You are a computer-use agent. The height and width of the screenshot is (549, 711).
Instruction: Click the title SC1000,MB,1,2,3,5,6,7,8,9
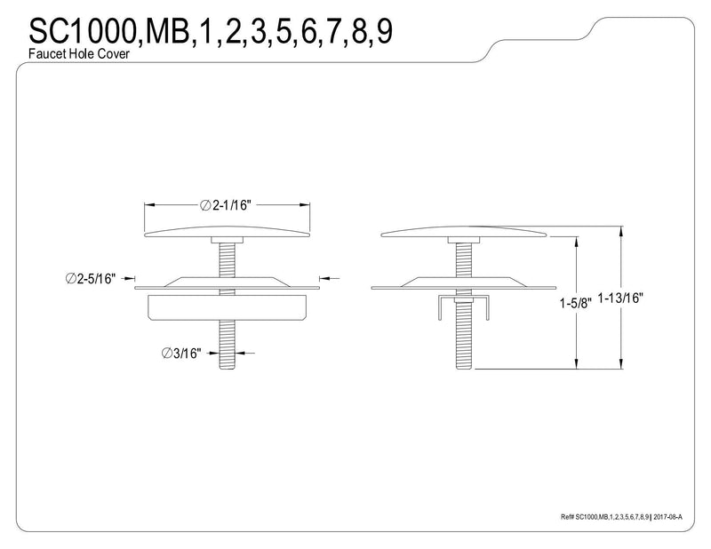(x=211, y=31)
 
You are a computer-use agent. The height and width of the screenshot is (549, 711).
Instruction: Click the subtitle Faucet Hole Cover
(x=79, y=53)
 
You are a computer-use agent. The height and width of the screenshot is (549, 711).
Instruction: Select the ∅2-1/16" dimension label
(x=225, y=205)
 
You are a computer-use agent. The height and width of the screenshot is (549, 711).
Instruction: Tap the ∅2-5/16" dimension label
(x=91, y=278)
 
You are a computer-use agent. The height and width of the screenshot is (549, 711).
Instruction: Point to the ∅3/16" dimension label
(x=181, y=354)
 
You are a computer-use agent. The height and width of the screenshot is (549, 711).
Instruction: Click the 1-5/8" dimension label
(x=575, y=303)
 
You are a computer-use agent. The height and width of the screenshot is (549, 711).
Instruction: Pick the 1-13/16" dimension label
(x=620, y=298)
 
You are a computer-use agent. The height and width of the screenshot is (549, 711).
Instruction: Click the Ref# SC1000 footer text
(x=605, y=517)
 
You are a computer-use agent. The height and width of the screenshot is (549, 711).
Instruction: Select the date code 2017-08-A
(x=667, y=517)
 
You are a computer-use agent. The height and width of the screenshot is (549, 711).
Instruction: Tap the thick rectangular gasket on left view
(x=228, y=308)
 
